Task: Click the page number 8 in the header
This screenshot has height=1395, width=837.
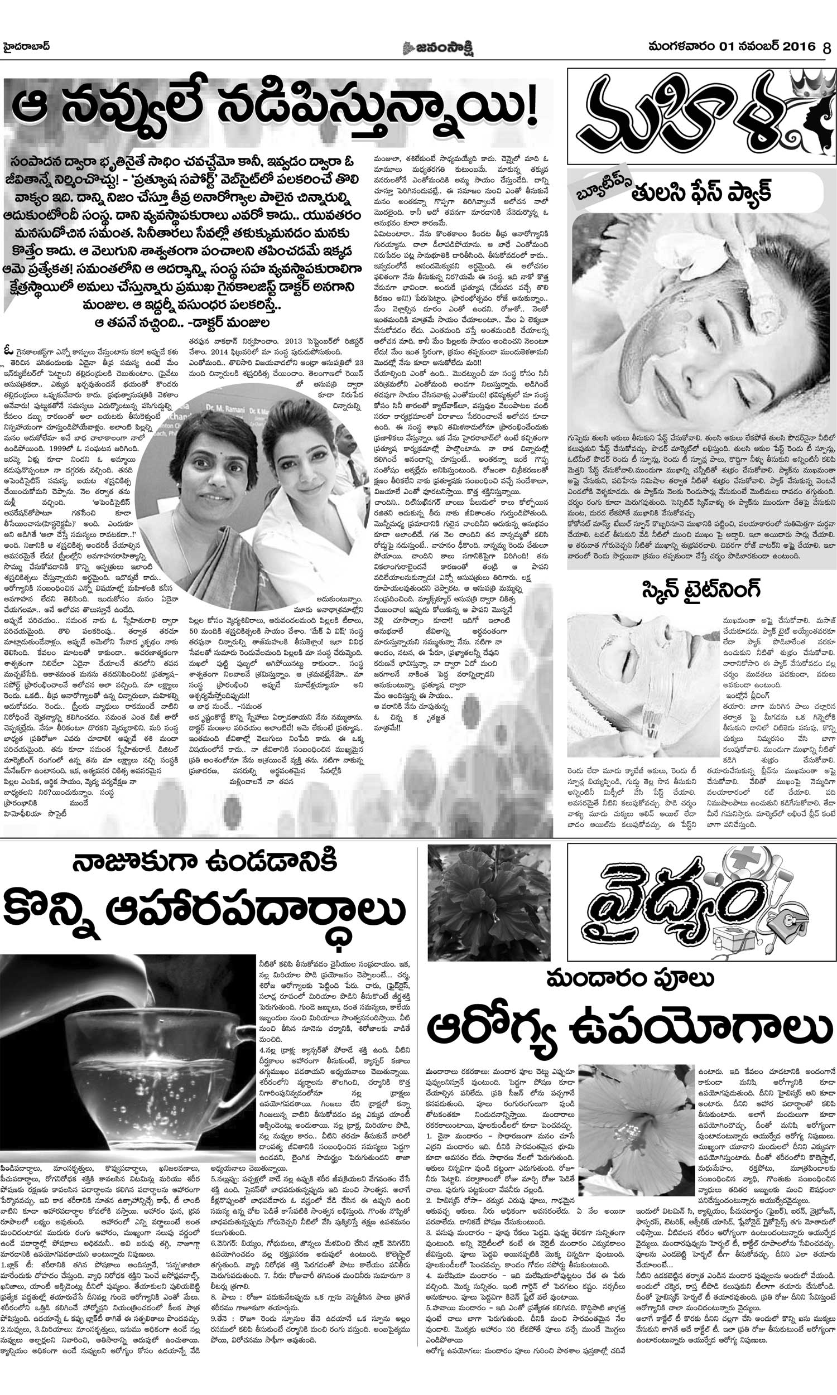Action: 827,47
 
